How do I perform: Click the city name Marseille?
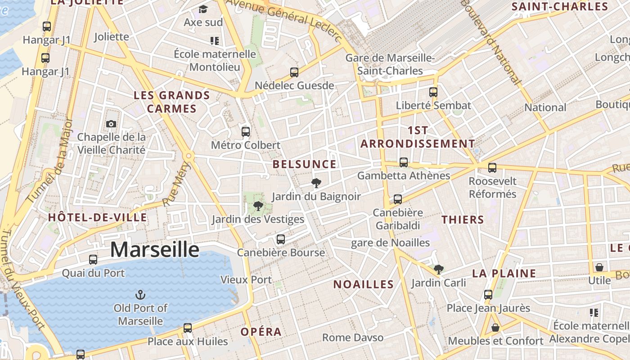[154, 249]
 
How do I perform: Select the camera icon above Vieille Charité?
[111, 124]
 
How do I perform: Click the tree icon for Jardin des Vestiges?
[258, 206]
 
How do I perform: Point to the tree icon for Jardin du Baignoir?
[316, 183]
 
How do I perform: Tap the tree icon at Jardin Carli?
[439, 270]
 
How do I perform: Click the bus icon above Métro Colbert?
[246, 131]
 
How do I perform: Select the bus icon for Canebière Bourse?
[281, 239]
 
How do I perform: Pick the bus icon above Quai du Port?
[93, 259]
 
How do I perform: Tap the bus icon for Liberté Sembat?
[433, 92]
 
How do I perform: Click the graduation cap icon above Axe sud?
[203, 9]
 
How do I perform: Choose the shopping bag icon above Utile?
[599, 267]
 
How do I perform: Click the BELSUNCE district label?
[305, 164]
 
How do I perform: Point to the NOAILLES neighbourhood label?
[364, 284]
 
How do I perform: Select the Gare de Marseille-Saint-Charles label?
[390, 64]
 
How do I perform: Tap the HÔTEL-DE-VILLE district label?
[98, 218]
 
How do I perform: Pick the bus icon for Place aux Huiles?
[188, 328]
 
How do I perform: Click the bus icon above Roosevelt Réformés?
[492, 168]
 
